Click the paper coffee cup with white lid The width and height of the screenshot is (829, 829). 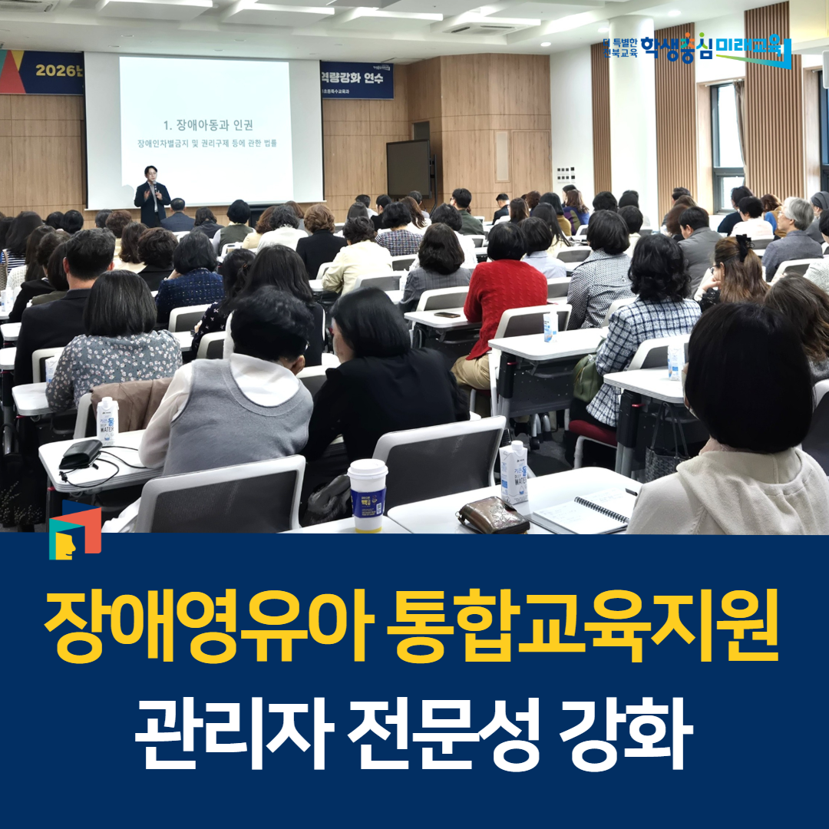tap(368, 494)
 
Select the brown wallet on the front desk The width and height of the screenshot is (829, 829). tap(493, 515)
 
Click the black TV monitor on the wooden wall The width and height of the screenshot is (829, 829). tap(408, 168)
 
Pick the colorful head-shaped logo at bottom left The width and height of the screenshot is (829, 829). tap(74, 530)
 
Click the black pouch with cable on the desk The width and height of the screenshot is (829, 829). tap(81, 454)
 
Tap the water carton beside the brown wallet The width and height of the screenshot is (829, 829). tap(514, 472)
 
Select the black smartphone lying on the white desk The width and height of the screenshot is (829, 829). tap(447, 314)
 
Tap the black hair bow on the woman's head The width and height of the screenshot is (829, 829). tap(743, 246)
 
